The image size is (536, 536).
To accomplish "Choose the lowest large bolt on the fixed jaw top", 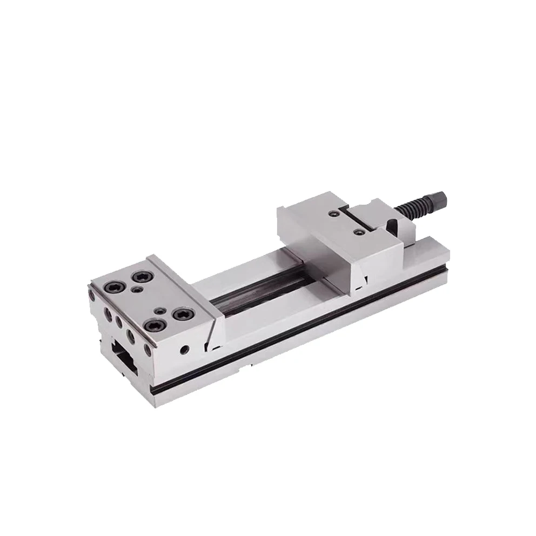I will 156,325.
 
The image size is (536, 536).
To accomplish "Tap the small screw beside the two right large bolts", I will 161,310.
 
